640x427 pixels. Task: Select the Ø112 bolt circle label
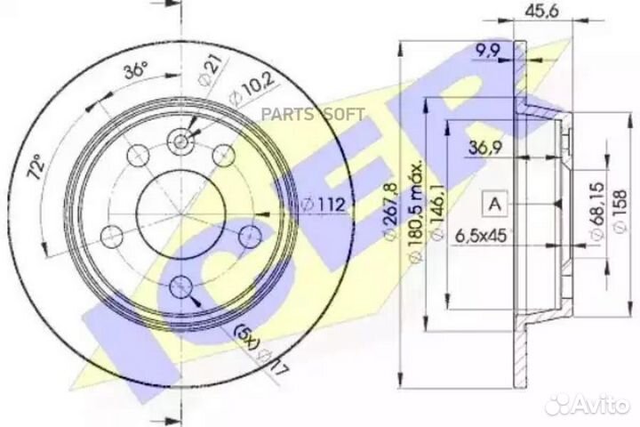coord(324,204)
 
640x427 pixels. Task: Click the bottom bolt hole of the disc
coord(181,286)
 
